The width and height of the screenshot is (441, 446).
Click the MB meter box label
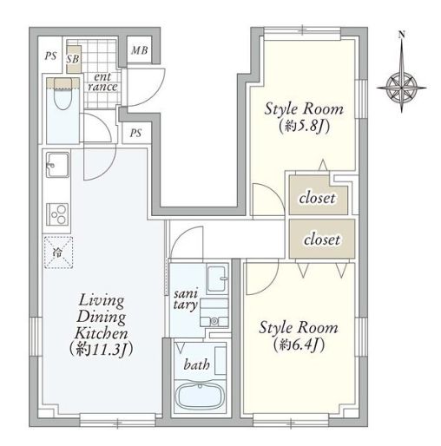tap(140, 50)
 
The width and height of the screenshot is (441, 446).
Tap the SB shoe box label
tap(73, 59)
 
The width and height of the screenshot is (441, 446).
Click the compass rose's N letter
tap(401, 35)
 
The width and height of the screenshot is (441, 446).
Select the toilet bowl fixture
tap(63, 94)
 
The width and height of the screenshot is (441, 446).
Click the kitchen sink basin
tap(58, 165)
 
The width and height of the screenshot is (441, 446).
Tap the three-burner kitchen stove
tap(58, 214)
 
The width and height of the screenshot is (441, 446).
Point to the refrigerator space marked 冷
tap(58, 253)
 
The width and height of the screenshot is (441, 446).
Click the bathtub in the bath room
tap(200, 396)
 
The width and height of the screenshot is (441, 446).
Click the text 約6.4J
tap(299, 344)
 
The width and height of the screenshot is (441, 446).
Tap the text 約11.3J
tap(101, 350)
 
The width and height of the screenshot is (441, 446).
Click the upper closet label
tap(317, 198)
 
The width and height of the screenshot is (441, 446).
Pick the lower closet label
tap(322, 239)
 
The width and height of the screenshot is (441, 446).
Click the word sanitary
tap(186, 298)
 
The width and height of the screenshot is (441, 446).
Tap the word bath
tap(196, 364)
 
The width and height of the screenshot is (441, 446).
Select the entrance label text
tap(102, 82)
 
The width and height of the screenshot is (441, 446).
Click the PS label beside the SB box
tap(50, 56)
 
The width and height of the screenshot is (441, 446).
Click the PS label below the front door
tap(135, 133)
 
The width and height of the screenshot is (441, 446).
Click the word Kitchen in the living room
tap(101, 333)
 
